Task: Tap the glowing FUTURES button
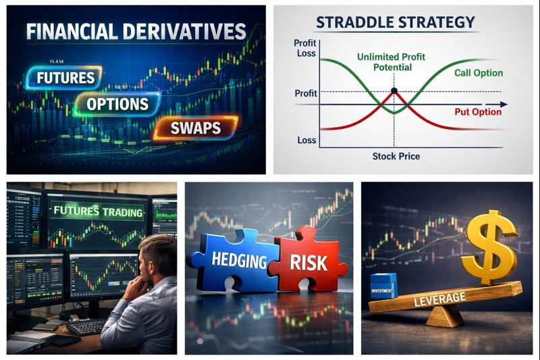(65, 77)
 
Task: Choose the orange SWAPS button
(196, 128)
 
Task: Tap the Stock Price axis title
(396, 156)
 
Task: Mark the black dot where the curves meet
(394, 91)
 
